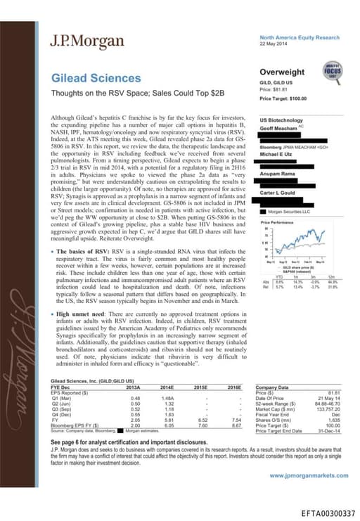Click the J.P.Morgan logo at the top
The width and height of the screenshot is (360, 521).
coord(79,41)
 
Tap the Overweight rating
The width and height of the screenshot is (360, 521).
coord(282,72)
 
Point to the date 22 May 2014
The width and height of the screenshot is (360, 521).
coord(273,43)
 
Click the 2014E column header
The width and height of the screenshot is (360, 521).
coord(167,387)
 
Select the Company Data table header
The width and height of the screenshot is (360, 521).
coord(274,387)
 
